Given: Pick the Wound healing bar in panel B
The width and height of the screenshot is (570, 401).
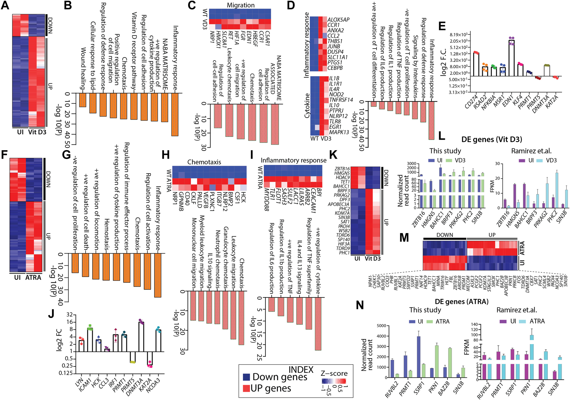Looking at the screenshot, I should (x=83, y=100).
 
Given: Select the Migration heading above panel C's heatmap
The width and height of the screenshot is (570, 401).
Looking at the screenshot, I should (x=241, y=5).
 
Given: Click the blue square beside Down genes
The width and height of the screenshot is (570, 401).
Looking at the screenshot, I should (x=247, y=377).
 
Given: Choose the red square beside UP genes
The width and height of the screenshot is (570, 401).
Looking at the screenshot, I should (x=247, y=388).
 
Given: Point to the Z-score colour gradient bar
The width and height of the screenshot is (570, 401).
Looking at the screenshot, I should (x=334, y=381).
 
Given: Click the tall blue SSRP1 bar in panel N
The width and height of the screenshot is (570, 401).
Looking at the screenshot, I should (x=418, y=357).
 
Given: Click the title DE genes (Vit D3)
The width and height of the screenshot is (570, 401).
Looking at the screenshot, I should (x=492, y=139).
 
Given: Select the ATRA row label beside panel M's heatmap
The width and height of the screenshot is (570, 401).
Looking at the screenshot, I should (x=522, y=247).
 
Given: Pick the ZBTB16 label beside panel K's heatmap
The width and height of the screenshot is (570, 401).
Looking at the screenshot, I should (x=342, y=169).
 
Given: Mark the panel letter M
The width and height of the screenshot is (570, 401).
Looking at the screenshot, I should (x=404, y=238).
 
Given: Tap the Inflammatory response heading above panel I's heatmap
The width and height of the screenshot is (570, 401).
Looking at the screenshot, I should (x=293, y=160).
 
